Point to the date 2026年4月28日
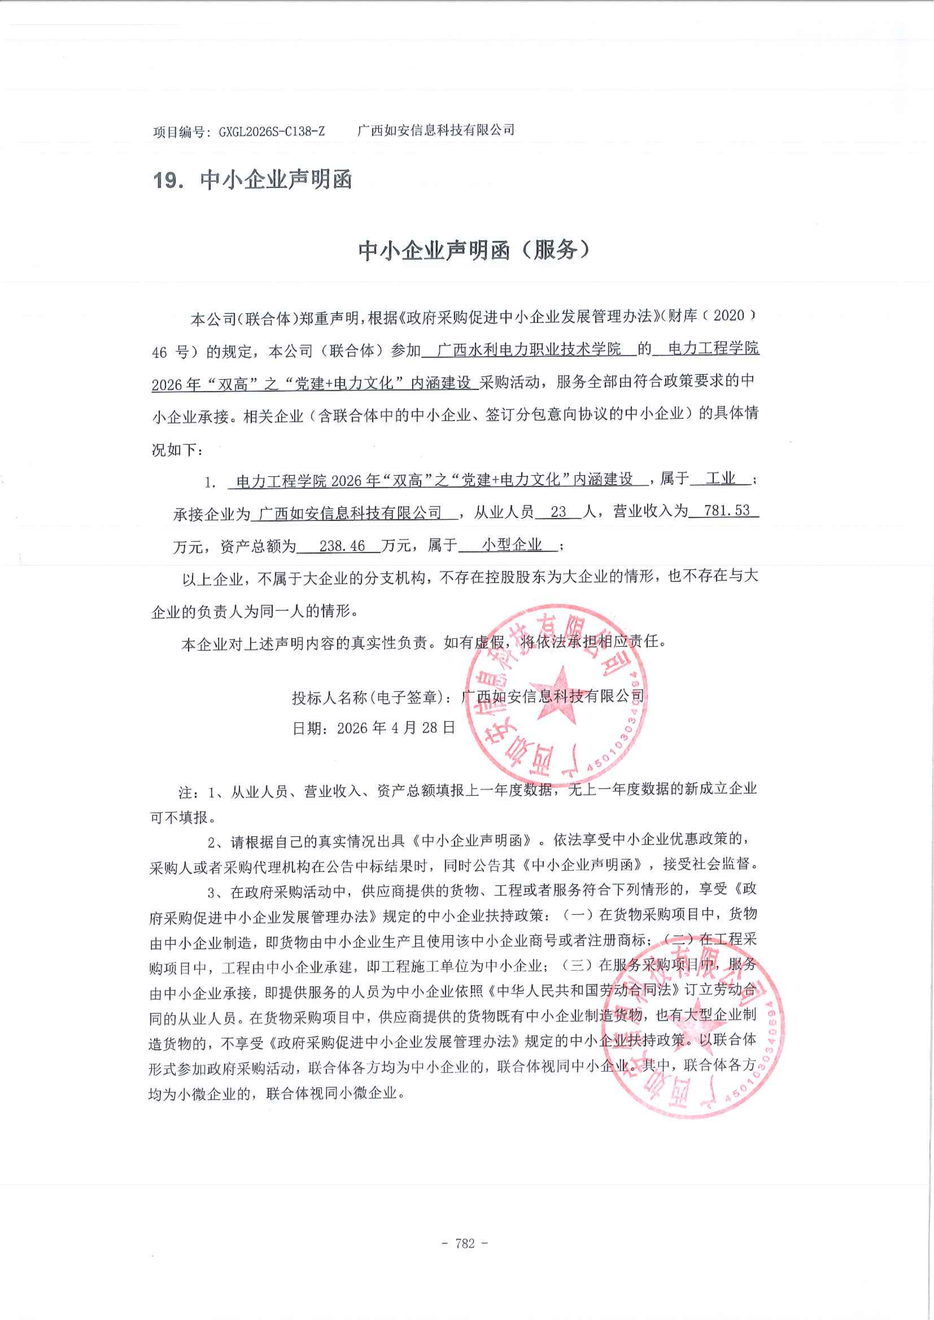[x=396, y=728]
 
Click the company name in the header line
[x=435, y=131]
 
